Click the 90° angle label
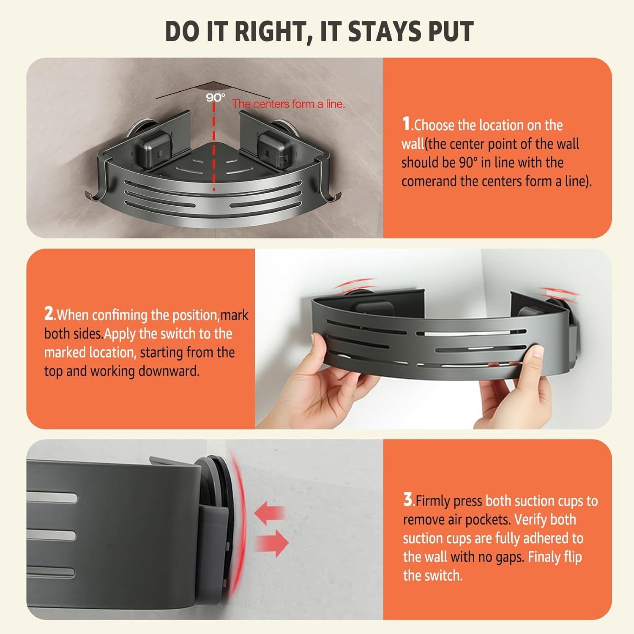tap(216, 98)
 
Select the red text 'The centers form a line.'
tap(288, 104)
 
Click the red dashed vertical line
tap(214, 146)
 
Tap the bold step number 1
tap(406, 124)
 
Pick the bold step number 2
tap(49, 314)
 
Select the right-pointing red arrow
tap(272, 542)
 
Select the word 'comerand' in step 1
tap(429, 181)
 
